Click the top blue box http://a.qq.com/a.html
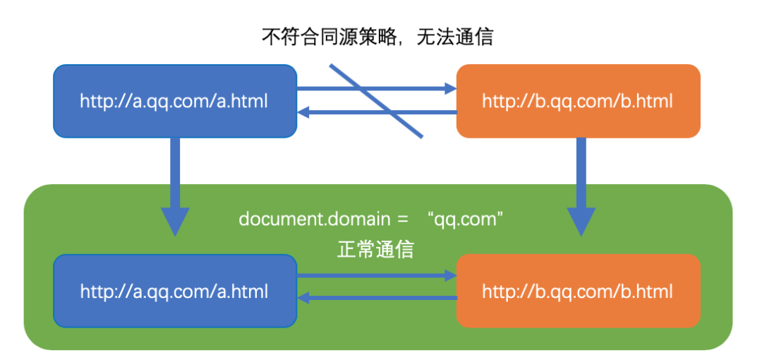(x=174, y=101)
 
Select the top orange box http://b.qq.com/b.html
(x=578, y=101)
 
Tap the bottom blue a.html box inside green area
(x=174, y=291)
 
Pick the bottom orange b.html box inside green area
(x=578, y=291)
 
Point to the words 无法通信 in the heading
(x=455, y=37)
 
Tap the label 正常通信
(x=375, y=249)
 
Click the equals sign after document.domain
(x=402, y=218)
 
